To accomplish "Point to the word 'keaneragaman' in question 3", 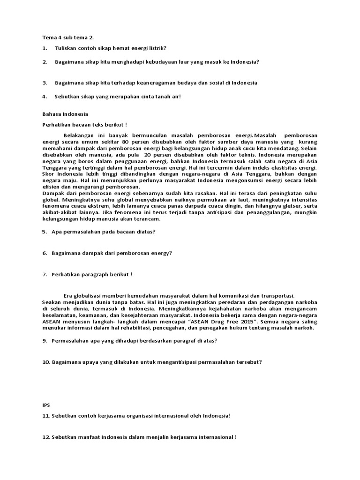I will click(156, 83).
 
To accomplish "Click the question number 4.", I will click(44, 97).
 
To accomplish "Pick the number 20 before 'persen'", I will click(148, 155).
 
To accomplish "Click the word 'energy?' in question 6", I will click(162, 253).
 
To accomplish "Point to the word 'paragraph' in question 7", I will click(102, 274).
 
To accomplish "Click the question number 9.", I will click(44, 341).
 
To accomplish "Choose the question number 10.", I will click(46, 362).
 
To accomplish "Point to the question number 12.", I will click(46, 437).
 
